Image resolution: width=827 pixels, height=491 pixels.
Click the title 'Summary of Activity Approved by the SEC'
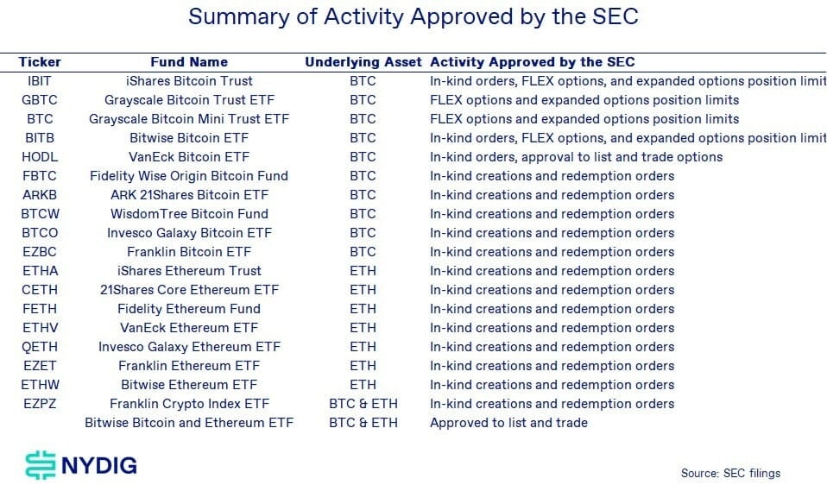click(x=413, y=17)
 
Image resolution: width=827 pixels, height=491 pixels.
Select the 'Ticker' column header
click(x=40, y=62)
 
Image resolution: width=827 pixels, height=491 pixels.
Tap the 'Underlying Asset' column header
click(x=363, y=62)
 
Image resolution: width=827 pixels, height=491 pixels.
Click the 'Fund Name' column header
click(x=189, y=62)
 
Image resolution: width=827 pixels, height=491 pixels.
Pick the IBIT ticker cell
click(x=40, y=81)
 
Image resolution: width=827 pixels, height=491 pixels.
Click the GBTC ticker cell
click(x=40, y=100)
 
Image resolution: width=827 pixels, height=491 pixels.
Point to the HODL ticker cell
click(x=40, y=157)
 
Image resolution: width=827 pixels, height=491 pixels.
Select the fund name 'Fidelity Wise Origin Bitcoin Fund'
click(x=189, y=176)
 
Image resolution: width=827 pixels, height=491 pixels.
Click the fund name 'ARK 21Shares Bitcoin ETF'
click(x=189, y=195)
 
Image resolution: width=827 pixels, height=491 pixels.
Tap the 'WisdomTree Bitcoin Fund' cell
click(x=189, y=214)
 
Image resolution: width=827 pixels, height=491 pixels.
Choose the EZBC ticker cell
click(x=40, y=252)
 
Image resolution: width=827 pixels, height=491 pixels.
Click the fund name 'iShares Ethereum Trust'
click(x=189, y=271)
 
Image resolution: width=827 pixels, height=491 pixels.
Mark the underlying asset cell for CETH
click(x=363, y=290)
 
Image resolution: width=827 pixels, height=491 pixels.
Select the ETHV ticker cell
click(x=40, y=328)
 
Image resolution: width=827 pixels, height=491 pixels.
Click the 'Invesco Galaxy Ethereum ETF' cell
click(x=189, y=347)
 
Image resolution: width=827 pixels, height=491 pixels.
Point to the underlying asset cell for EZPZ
click(x=363, y=404)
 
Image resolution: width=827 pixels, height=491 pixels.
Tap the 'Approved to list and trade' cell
click(x=508, y=423)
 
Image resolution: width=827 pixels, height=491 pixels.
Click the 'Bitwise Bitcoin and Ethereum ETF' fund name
click(x=189, y=423)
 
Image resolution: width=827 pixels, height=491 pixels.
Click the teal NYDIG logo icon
click(x=41, y=465)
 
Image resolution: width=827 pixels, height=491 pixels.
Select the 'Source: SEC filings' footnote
click(x=730, y=473)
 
